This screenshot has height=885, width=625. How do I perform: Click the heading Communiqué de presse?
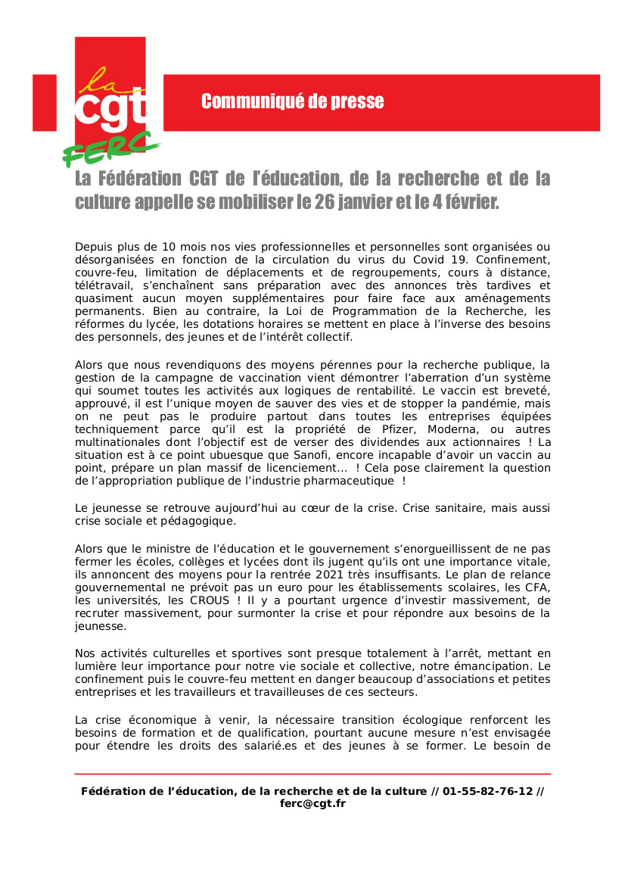pos(292,101)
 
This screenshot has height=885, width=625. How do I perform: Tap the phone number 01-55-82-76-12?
pos(487,791)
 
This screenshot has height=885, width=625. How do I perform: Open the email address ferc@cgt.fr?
pos(312,803)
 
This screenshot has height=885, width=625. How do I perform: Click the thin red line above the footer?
pos(312,774)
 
